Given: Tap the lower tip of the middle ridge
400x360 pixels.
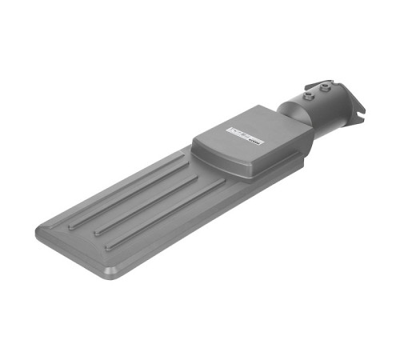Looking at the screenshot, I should click(97, 232).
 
